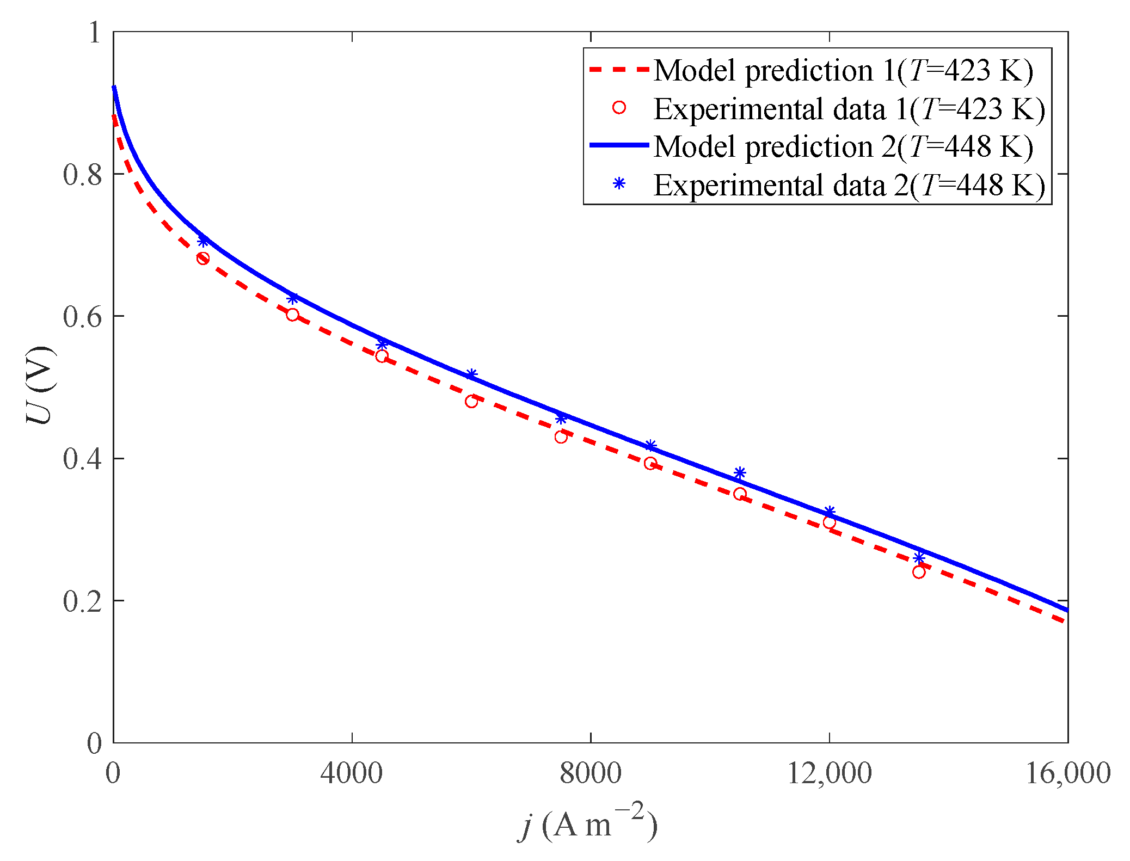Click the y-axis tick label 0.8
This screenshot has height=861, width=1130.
pyautogui.click(x=83, y=175)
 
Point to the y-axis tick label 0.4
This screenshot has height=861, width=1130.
pyautogui.click(x=83, y=459)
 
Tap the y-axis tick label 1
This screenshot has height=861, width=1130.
pyautogui.click(x=95, y=33)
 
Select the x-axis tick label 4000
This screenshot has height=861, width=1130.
pyautogui.click(x=352, y=773)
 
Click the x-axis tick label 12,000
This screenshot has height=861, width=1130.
pyautogui.click(x=829, y=773)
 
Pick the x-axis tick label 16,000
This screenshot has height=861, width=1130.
pyautogui.click(x=1067, y=773)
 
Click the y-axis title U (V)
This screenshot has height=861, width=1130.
pyautogui.click(x=41, y=385)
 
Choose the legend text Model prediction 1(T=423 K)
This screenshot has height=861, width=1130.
pyautogui.click(x=843, y=71)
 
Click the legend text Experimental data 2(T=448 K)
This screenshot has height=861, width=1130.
pyautogui.click(x=849, y=186)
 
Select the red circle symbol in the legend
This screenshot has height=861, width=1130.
pyautogui.click(x=619, y=108)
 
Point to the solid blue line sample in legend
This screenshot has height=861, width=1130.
pyautogui.click(x=619, y=145)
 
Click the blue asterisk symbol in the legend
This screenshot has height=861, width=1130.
pyautogui.click(x=619, y=183)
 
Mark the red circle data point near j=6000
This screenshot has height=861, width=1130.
pyautogui.click(x=471, y=402)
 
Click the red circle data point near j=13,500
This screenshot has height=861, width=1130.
pyautogui.click(x=919, y=572)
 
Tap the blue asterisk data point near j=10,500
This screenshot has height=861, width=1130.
pyautogui.click(x=740, y=472)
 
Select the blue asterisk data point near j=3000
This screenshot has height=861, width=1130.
pyautogui.click(x=292, y=298)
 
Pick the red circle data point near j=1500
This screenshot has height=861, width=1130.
pyautogui.click(x=203, y=259)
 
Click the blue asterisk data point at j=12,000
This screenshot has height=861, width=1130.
pyautogui.click(x=830, y=512)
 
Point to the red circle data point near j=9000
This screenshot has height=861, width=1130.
pyautogui.click(x=650, y=464)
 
